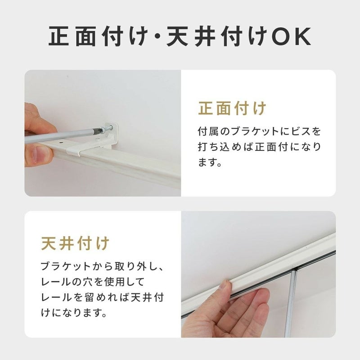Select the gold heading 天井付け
75,243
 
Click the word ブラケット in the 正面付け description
254,131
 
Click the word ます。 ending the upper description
210,162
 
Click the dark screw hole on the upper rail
61,142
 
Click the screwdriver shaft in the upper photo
62,135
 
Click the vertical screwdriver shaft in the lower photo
291,303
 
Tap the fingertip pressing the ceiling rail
226,284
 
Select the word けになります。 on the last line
74,313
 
